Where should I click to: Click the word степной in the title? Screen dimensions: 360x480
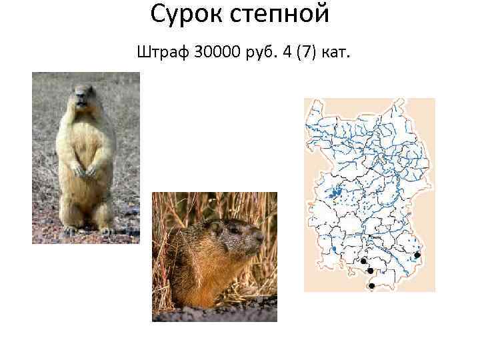[280, 13]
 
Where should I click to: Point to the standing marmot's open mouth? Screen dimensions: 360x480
[81, 105]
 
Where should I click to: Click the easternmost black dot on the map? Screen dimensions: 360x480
[417, 255]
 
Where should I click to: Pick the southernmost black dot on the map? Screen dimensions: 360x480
[371, 286]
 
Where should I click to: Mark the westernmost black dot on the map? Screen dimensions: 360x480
[364, 261]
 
